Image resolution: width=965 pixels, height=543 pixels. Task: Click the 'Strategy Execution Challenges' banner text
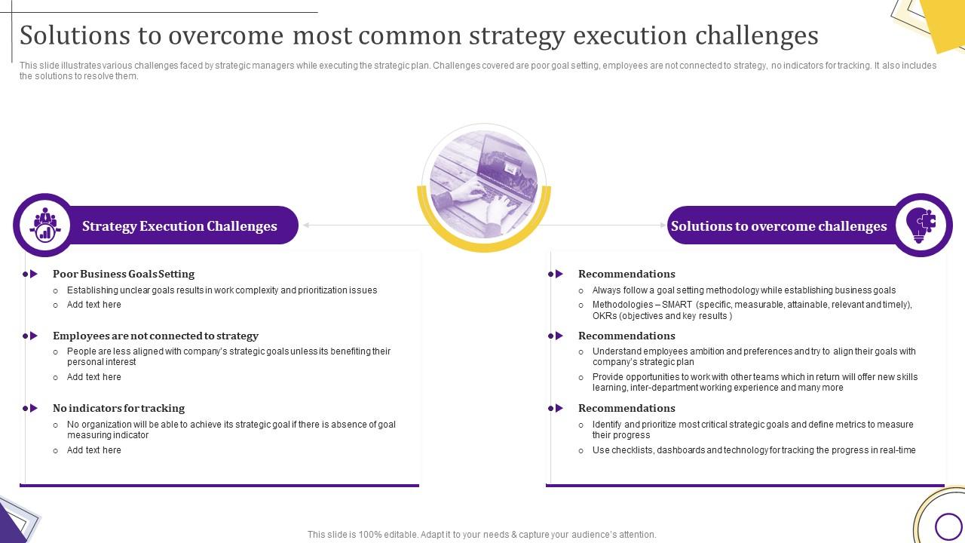pyautogui.click(x=179, y=226)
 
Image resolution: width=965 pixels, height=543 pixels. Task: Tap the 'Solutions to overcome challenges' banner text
pyautogui.click(x=779, y=226)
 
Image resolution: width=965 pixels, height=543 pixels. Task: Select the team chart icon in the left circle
pyautogui.click(x=45, y=225)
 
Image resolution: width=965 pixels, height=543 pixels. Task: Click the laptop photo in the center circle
pyautogui.click(x=483, y=185)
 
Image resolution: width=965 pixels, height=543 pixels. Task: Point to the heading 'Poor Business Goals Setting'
pyautogui.click(x=124, y=274)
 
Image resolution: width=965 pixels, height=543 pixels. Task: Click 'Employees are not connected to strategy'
pyautogui.click(x=155, y=336)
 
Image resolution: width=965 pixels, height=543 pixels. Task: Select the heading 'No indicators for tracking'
pyautogui.click(x=118, y=408)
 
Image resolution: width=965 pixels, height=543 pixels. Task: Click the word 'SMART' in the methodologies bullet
pyautogui.click(x=677, y=305)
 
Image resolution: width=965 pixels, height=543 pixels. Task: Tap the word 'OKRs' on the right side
pyautogui.click(x=605, y=316)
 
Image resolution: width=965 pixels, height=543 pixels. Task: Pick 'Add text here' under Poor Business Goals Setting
pyautogui.click(x=93, y=305)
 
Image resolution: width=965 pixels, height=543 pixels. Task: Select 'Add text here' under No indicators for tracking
pyautogui.click(x=93, y=450)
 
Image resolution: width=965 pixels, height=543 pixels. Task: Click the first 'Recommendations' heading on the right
pyautogui.click(x=626, y=274)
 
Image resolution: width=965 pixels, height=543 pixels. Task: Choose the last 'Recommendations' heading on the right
pyautogui.click(x=626, y=408)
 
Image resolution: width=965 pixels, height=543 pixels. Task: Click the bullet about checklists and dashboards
pyautogui.click(x=754, y=450)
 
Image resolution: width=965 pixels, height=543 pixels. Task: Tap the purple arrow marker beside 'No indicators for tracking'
pyautogui.click(x=31, y=408)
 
